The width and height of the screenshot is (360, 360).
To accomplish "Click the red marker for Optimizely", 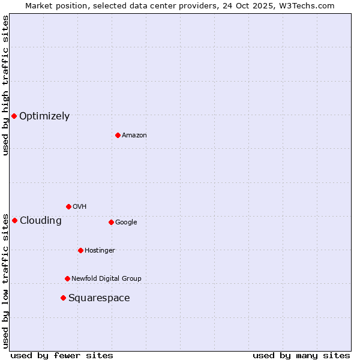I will (x=14, y=116).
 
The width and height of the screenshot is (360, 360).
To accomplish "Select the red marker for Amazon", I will (x=118, y=135).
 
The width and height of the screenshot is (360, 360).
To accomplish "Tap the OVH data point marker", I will (x=68, y=206).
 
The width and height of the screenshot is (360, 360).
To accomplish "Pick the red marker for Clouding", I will (x=14, y=220).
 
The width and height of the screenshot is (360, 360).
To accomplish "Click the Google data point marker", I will (x=111, y=222).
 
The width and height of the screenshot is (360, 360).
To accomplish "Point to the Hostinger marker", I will (x=80, y=250).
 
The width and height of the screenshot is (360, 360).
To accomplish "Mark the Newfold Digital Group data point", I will (x=67, y=278).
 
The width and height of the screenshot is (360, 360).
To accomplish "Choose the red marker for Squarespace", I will (x=63, y=298).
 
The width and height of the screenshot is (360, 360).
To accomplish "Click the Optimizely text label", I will (x=44, y=116).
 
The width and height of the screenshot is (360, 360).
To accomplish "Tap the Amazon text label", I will (x=134, y=136).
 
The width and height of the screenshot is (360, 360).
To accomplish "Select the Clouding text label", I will (x=41, y=221).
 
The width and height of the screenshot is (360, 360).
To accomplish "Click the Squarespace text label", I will (x=99, y=298).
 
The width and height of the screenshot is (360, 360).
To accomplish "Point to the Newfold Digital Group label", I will (x=106, y=278).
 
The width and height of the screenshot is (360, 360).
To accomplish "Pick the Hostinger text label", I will (x=100, y=250).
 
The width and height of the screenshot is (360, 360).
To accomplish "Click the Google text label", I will (x=126, y=222).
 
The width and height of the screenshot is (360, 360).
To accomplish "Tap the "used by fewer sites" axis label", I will (x=62, y=355).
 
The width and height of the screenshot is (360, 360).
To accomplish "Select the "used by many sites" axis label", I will (x=301, y=355).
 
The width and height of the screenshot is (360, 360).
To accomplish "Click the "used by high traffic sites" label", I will (x=5, y=85).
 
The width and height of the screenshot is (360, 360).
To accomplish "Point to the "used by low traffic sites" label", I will (x=5, y=280).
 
